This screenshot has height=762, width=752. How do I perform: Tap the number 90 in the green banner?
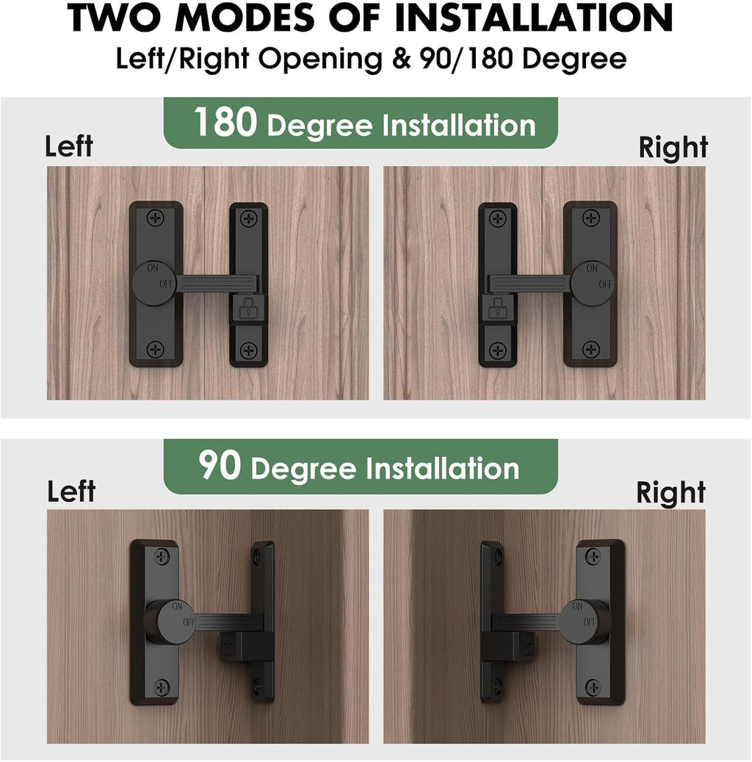point(219,466)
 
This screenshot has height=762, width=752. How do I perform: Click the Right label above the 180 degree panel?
point(673,148)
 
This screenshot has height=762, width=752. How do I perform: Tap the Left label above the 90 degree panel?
point(70,491)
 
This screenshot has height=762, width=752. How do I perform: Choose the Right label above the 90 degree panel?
point(670,492)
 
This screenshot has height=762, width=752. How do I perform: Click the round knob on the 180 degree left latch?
point(153,284)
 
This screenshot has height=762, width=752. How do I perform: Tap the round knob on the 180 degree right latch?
point(592,284)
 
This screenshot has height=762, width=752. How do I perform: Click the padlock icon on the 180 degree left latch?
point(248,309)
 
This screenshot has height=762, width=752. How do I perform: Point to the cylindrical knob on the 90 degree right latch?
point(586,622)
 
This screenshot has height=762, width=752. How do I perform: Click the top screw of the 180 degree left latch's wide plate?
point(154,218)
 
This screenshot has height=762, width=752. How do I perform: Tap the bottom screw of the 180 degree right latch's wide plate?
point(590,349)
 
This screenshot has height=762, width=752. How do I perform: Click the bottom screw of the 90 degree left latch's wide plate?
point(162,687)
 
